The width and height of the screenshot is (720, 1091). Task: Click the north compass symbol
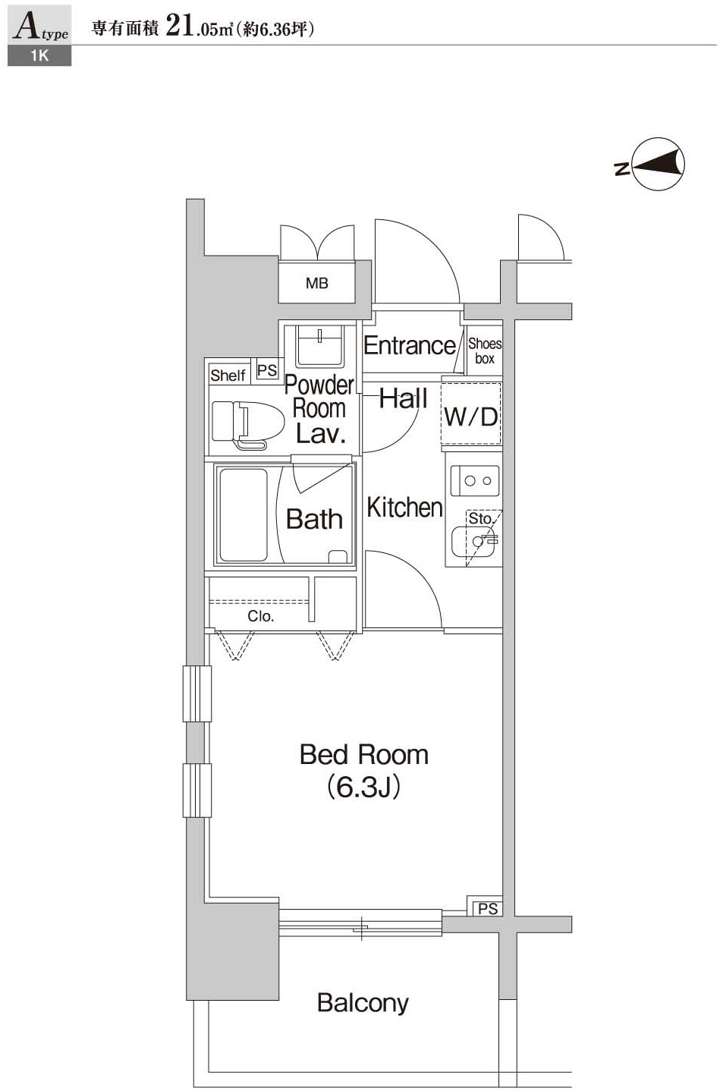coord(657,165)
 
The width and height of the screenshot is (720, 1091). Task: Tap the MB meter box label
coord(316,283)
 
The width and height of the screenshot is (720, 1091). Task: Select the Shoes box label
coord(484,351)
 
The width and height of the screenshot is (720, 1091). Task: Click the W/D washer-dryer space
coord(471,416)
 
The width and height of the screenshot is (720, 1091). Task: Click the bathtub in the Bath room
coord(243,515)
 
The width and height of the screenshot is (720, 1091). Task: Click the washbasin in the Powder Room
coord(319,344)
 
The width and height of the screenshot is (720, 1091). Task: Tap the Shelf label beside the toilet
coord(228,375)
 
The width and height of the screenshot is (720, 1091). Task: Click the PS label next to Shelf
coord(267,370)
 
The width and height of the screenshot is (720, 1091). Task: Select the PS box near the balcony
coord(487,908)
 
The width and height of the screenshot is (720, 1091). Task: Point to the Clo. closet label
coord(260,616)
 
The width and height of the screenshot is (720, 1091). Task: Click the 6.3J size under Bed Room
coord(363,788)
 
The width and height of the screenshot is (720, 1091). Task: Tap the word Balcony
coord(363,1002)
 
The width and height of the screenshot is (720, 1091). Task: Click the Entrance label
coord(410,345)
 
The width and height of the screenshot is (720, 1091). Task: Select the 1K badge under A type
coord(39,55)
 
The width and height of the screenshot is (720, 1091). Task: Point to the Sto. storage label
coord(480,518)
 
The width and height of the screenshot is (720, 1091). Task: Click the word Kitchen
coord(404,507)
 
